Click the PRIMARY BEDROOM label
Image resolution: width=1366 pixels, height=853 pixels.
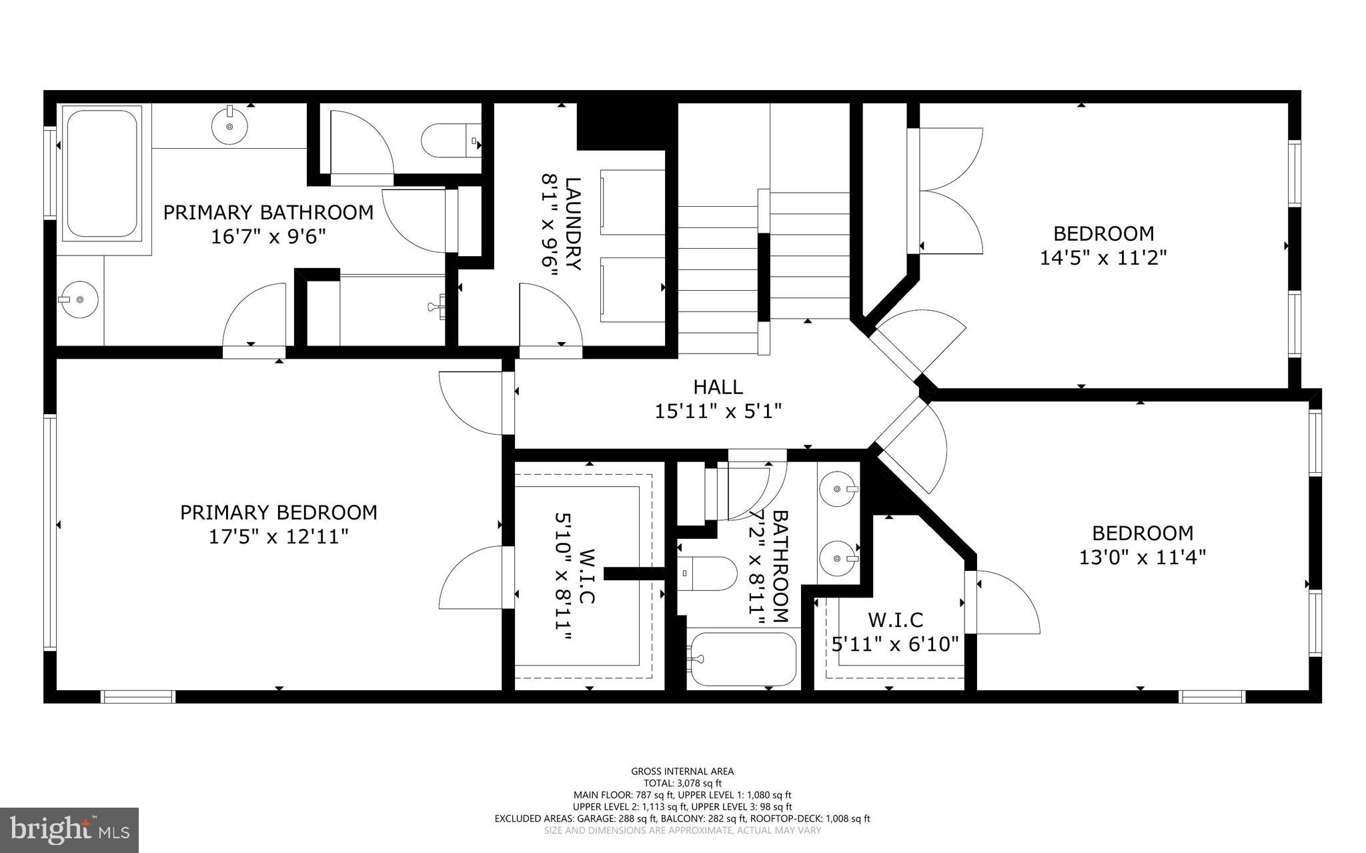[278, 512]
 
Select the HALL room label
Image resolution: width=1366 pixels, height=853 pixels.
[718, 387]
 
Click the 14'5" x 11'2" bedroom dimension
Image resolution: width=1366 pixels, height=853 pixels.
[1103, 257]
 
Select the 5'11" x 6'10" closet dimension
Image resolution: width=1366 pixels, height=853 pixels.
[895, 644]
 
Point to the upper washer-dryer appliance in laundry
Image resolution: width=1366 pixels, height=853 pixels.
[632, 202]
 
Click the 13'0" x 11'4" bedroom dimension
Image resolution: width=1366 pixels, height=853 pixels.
[1143, 557]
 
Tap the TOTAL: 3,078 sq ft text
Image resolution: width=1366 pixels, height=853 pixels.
[682, 783]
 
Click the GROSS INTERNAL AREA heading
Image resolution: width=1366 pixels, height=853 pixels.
[682, 772]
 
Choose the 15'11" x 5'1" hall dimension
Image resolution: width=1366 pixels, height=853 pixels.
[718, 411]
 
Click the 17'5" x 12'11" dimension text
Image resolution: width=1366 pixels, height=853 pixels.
[278, 536]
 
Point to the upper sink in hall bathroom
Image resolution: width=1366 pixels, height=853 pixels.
[838, 490]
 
